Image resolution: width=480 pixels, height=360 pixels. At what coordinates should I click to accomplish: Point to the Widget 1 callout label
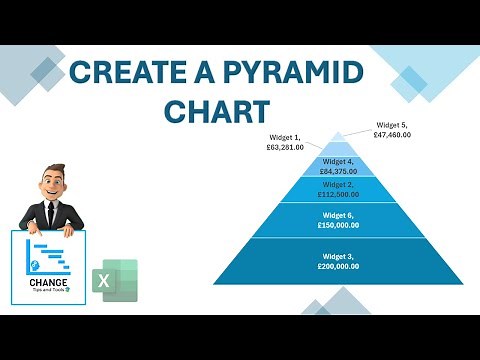point(285,142)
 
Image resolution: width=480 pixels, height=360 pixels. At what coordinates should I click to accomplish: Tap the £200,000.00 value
point(340,268)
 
